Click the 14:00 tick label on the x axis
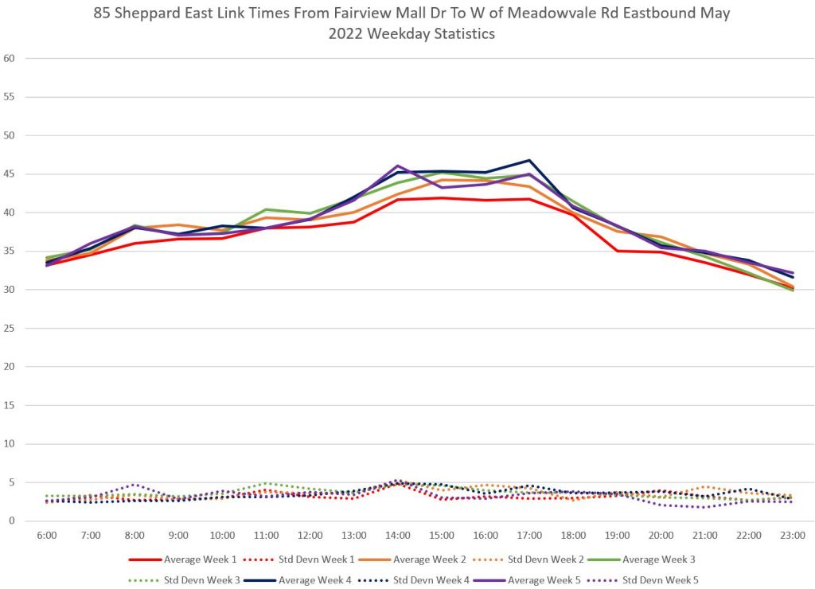pyautogui.click(x=398, y=536)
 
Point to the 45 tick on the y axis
pyautogui.click(x=10, y=174)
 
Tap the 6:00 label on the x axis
pyautogui.click(x=47, y=536)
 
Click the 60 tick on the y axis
pyautogui.click(x=10, y=58)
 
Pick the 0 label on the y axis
pyautogui.click(x=12, y=521)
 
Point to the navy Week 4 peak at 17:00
pyautogui.click(x=529, y=160)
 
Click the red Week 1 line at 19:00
pyautogui.click(x=618, y=251)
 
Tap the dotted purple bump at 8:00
pyautogui.click(x=135, y=484)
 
